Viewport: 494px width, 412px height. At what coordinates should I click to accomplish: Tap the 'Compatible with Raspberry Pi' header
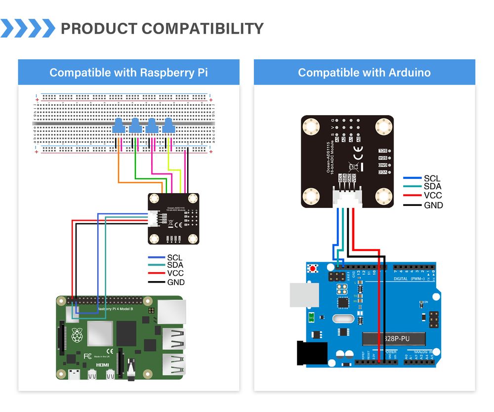click(128, 73)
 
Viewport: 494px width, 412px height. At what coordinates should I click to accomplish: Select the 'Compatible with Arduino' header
click(364, 73)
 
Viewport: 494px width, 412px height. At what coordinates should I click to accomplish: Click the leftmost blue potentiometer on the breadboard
click(119, 126)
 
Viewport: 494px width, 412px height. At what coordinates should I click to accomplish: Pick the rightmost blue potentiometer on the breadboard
click(168, 126)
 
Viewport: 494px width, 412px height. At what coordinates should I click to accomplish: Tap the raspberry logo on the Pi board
click(77, 336)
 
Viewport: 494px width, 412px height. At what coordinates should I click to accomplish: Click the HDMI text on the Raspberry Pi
click(102, 364)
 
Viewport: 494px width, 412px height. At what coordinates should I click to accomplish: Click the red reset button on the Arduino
click(312, 268)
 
